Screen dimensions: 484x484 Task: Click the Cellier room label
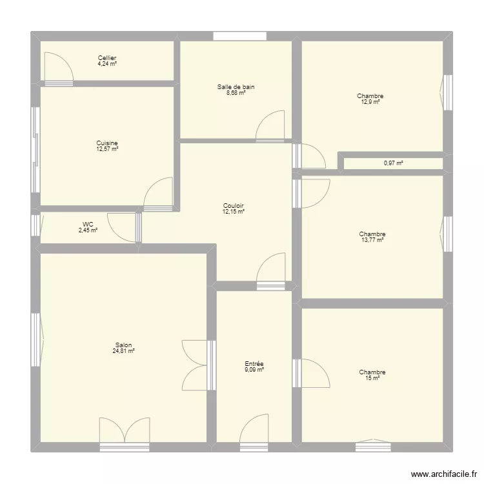tap(107, 57)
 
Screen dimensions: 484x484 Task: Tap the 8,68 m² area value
tap(236, 92)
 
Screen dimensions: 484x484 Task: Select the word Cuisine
tap(107, 143)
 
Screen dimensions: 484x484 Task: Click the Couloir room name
tap(233, 206)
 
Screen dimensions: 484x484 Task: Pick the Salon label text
tap(123, 345)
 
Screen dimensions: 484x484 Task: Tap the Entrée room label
tap(254, 364)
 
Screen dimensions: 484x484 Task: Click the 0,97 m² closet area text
tap(393, 163)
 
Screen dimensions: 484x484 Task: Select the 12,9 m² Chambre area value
tap(370, 102)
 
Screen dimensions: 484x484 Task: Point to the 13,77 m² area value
tap(372, 240)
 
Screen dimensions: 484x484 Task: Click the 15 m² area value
tap(372, 378)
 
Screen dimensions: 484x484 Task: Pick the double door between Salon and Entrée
tap(196, 365)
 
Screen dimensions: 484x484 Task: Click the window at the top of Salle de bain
tap(235, 36)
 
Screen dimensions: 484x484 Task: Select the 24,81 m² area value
tap(123, 352)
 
